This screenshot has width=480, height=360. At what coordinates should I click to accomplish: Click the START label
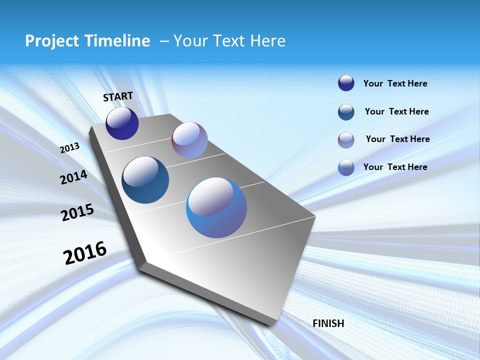tap(118, 96)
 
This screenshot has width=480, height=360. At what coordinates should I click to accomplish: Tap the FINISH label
tap(328, 323)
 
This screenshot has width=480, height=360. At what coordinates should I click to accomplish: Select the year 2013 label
tap(69, 147)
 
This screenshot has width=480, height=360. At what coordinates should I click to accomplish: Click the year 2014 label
tap(73, 177)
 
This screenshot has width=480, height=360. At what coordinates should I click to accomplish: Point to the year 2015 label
tap(77, 212)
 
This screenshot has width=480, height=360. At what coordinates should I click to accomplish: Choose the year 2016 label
tap(85, 252)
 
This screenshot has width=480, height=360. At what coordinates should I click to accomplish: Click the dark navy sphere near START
tap(122, 123)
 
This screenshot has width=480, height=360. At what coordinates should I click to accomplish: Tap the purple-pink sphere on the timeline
tap(189, 140)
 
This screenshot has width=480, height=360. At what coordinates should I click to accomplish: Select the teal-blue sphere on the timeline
tap(145, 180)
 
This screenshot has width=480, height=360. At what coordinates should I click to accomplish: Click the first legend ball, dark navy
tap(346, 83)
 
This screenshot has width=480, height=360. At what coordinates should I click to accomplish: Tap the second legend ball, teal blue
tap(346, 112)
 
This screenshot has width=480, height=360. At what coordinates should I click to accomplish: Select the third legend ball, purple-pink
tap(346, 140)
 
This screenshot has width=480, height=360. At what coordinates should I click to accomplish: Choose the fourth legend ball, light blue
tap(346, 167)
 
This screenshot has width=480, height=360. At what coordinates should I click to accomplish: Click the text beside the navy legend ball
tap(395, 83)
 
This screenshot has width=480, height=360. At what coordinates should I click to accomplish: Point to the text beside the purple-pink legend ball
tap(397, 139)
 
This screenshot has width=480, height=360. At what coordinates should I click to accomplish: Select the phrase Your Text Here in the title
tap(229, 40)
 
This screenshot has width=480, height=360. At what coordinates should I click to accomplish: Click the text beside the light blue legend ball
tap(395, 167)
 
